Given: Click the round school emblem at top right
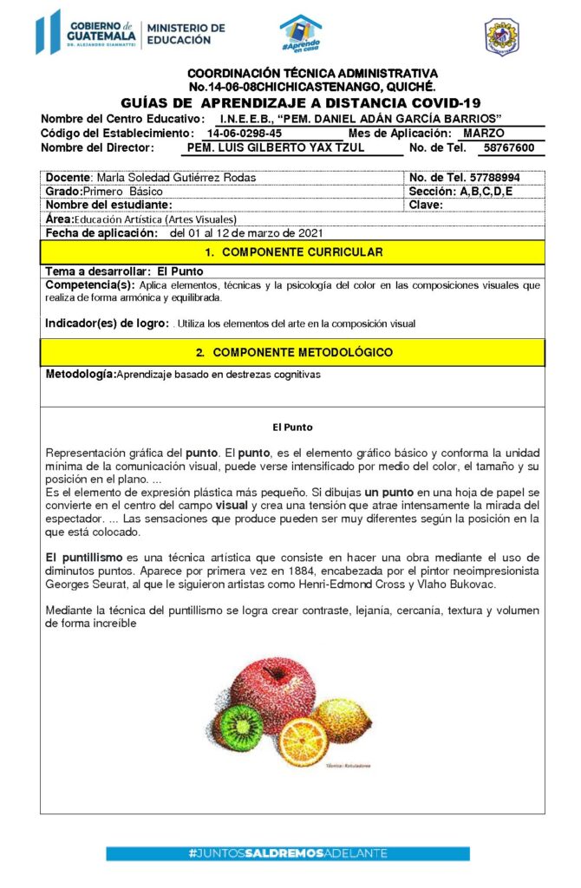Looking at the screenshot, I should pos(501,36).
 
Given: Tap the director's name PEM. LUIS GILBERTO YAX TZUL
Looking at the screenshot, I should pos(277,148).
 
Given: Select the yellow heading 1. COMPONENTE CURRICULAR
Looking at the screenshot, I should pos(292,252).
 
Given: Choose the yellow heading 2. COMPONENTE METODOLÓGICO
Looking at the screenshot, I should pos(292,352).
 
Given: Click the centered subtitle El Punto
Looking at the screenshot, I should pos(292,428).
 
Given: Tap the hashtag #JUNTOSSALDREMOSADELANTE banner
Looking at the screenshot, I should pos(288,853).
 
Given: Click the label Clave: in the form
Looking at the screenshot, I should pos(426,205).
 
